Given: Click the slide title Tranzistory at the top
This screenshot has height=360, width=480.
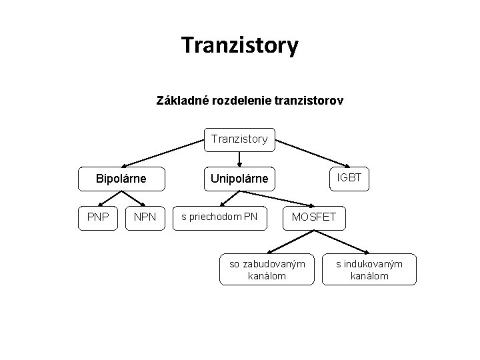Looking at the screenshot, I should [x=239, y=45].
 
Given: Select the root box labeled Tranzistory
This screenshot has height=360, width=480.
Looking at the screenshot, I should [x=239, y=139].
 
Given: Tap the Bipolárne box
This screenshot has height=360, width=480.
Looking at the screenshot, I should [x=121, y=179].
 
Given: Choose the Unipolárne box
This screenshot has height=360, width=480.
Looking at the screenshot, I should [x=239, y=179].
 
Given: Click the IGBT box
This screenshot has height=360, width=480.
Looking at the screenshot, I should [x=349, y=177].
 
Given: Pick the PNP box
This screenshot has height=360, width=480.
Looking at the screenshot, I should [x=98, y=217].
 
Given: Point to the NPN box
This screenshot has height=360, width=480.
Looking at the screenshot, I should [x=145, y=217].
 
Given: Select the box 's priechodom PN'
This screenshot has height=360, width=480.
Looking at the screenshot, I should [x=219, y=217].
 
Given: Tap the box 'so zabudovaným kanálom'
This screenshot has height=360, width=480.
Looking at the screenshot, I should [x=267, y=270].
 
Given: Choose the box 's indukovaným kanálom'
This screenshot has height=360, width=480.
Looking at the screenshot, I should [x=369, y=270].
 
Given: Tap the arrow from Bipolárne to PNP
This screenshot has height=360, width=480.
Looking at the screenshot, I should [x=109, y=198].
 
